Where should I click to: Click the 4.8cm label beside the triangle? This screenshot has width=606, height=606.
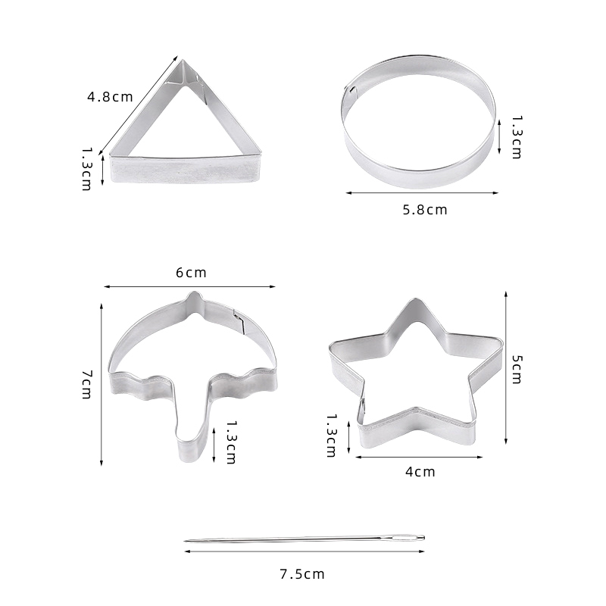[110, 97]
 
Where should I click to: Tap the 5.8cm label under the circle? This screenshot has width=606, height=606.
[425, 210]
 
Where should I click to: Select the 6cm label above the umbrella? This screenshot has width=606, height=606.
[192, 273]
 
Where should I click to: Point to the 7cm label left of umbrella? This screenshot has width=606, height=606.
[87, 385]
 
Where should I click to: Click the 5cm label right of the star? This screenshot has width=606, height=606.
[517, 370]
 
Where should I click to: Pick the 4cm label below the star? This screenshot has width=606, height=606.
[420, 472]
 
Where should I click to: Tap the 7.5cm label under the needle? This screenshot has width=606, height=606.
[302, 574]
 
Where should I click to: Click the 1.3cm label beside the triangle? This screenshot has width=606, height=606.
[87, 168]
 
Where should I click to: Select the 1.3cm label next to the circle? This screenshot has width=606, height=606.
[517, 137]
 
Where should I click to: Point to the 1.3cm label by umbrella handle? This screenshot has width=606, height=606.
[231, 442]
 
